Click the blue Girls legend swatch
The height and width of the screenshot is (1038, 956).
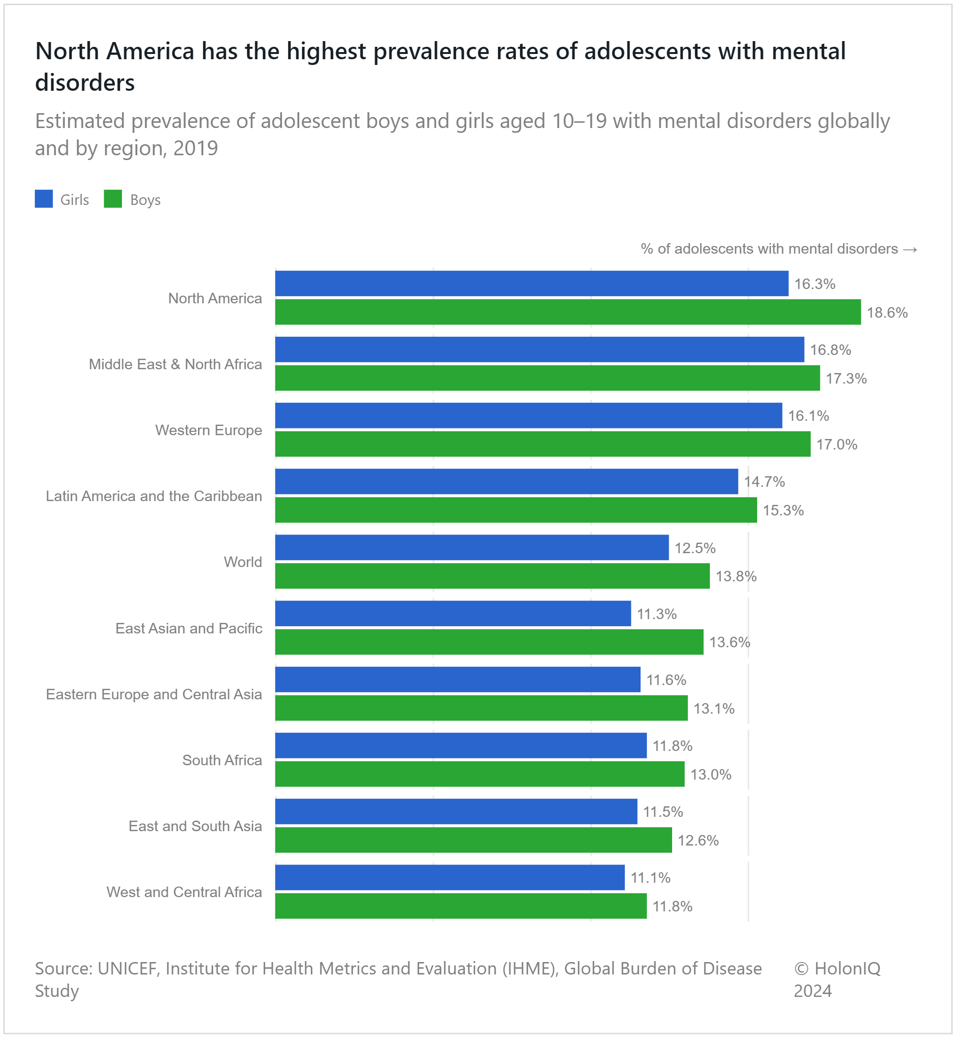(x=43, y=199)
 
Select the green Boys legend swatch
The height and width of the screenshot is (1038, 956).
(x=113, y=199)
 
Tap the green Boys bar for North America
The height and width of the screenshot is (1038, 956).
(x=567, y=312)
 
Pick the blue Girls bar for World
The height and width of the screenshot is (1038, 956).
(x=471, y=547)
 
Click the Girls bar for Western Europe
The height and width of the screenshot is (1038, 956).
(x=528, y=416)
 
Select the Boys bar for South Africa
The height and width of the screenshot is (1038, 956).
(x=479, y=774)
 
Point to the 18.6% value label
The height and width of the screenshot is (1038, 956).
(x=887, y=313)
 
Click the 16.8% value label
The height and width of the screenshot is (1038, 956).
(x=830, y=350)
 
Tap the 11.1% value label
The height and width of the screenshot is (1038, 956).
(x=650, y=878)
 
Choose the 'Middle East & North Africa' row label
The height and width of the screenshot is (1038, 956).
(x=175, y=364)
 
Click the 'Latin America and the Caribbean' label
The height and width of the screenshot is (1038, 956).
(x=153, y=496)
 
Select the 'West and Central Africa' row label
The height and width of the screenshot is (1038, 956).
(x=184, y=892)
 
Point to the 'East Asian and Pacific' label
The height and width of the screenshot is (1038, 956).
(x=188, y=629)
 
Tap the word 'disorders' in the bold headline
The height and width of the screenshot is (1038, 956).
(x=85, y=83)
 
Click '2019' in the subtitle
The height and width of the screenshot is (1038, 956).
(x=196, y=149)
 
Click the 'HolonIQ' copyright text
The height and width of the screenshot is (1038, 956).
(x=847, y=968)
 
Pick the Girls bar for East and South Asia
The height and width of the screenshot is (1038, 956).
(x=456, y=812)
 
